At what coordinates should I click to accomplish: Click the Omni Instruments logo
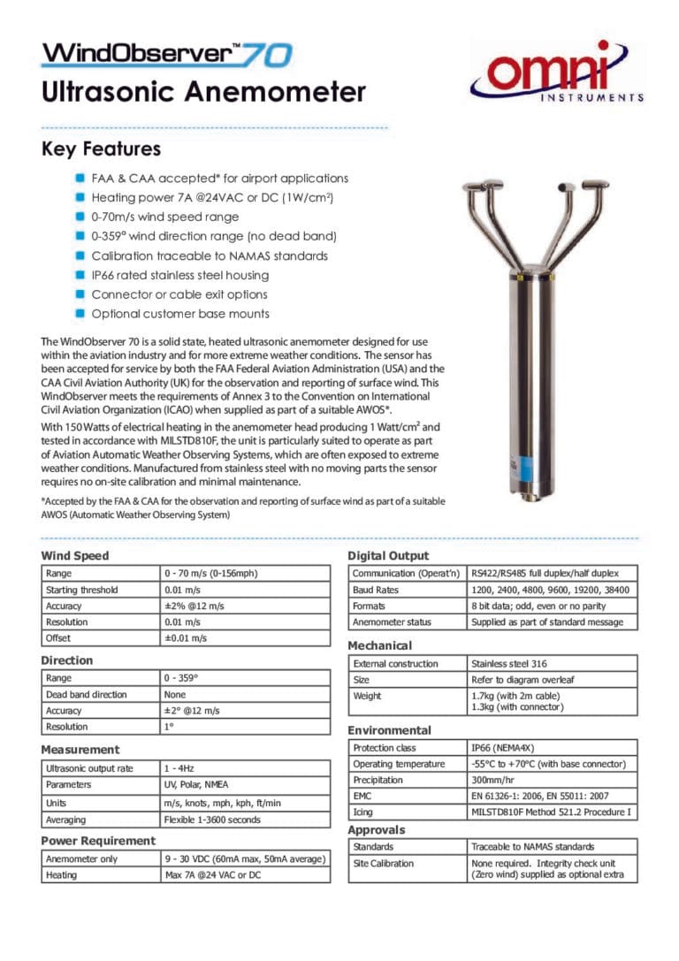click(556, 74)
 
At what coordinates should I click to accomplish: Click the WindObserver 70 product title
click(167, 54)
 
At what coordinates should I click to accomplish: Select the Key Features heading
click(101, 149)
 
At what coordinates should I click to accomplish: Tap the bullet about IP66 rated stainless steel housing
click(179, 275)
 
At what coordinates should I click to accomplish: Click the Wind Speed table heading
click(75, 556)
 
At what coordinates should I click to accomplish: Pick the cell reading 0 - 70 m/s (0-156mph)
click(210, 574)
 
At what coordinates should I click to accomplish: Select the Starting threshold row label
click(81, 590)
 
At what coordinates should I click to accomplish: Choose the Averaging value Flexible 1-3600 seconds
click(212, 820)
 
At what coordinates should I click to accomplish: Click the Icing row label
click(362, 812)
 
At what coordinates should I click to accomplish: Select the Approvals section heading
click(377, 830)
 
